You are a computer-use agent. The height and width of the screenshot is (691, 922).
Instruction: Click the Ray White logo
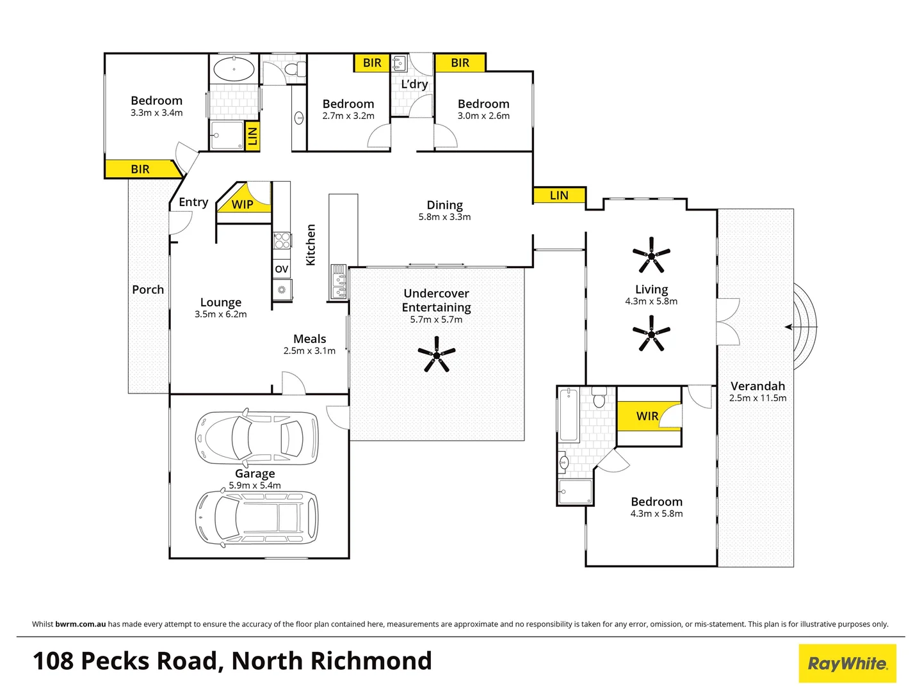tap(847, 663)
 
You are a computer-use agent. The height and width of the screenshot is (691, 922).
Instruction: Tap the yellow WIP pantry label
tap(242, 204)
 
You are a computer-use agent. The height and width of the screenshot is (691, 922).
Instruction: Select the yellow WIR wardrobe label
tap(647, 416)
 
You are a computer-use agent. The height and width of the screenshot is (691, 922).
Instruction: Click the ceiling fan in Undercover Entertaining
tap(436, 356)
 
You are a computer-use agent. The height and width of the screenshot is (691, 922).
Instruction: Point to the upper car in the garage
tap(256, 436)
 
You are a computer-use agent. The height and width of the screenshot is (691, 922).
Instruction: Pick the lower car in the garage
tap(256, 517)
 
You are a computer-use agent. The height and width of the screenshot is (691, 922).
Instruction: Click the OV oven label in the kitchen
tap(282, 269)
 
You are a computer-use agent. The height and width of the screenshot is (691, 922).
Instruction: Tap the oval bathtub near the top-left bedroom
tap(234, 69)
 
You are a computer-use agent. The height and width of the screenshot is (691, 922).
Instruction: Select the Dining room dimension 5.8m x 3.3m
tap(444, 217)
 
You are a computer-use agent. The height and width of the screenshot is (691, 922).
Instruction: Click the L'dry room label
tap(414, 84)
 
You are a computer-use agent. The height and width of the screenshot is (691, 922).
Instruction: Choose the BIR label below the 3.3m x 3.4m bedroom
tap(140, 169)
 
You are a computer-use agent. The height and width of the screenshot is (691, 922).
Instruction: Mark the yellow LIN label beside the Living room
tap(559, 195)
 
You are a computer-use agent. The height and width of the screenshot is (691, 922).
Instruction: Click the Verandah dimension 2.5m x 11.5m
tap(757, 398)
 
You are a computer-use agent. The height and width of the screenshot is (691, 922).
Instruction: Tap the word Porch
tap(148, 289)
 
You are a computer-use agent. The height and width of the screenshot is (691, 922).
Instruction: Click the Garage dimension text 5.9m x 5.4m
tap(255, 486)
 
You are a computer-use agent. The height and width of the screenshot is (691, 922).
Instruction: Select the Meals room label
tap(310, 338)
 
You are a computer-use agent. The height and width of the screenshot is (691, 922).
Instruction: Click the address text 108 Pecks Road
tap(128, 661)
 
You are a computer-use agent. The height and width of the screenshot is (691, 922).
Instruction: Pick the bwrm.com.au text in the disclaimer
tap(81, 624)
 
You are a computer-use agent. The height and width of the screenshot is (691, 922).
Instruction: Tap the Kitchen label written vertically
tap(311, 244)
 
